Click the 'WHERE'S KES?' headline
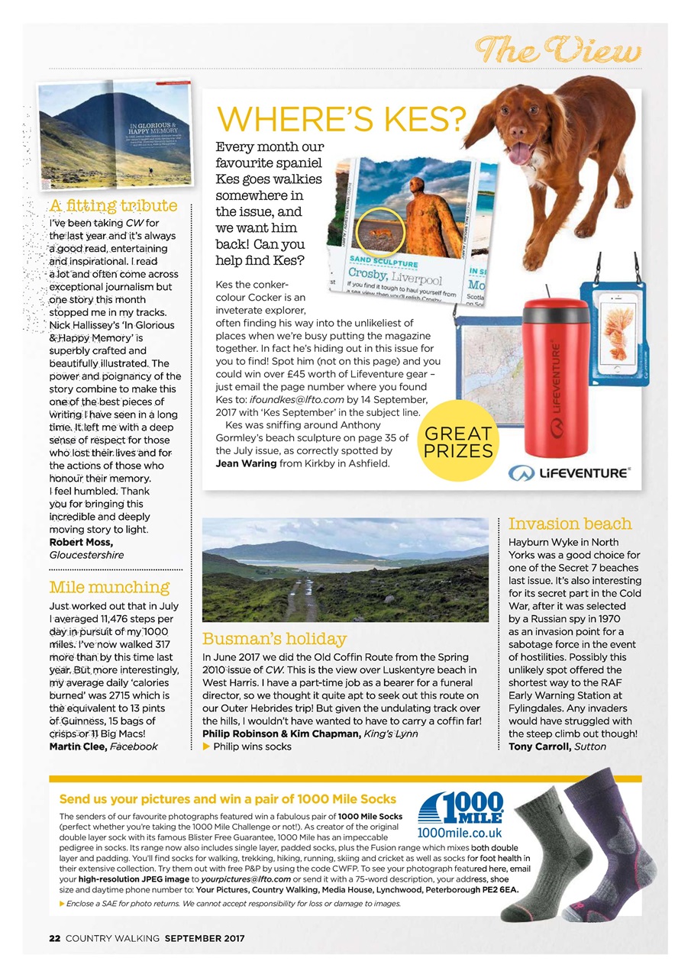coord(341,119)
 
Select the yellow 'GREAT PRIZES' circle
coord(458,441)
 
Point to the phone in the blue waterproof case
coord(616,336)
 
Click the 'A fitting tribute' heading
coord(114,205)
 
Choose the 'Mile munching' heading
coord(109,587)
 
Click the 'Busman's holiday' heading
coord(274,638)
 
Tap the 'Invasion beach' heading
coord(570,524)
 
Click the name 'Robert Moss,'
coord(82,542)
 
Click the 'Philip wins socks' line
coord(251,746)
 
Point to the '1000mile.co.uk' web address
coord(460,833)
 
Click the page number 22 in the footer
coord(54,938)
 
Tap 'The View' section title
coord(558,50)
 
